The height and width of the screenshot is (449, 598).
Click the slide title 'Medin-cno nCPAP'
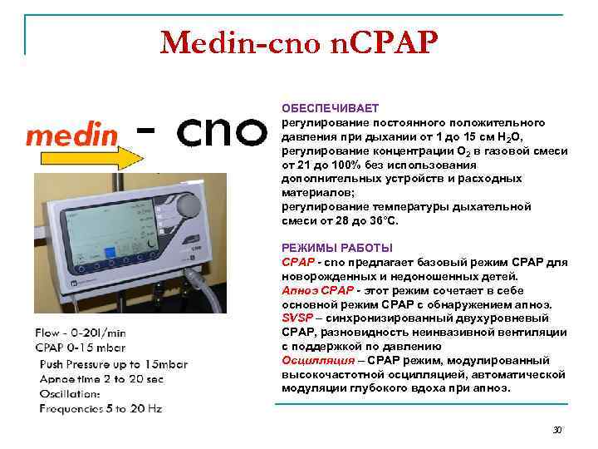(298, 42)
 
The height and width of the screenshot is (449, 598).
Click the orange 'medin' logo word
(70, 136)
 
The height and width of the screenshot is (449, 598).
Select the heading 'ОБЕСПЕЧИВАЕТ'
(330, 109)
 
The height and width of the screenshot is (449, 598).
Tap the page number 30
(557, 430)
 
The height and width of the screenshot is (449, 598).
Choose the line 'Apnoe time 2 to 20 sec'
(101, 379)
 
